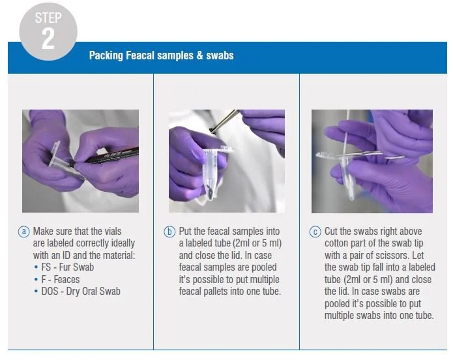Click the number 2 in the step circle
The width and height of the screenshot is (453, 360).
pyautogui.click(x=48, y=38)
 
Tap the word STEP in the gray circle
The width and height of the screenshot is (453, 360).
pyautogui.click(x=48, y=18)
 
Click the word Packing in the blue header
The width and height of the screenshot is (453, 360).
pyautogui.click(x=106, y=55)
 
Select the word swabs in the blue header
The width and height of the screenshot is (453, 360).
pyautogui.click(x=220, y=55)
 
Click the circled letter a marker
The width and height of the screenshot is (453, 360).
pyautogui.click(x=24, y=232)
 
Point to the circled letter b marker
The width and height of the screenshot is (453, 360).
pyautogui.click(x=169, y=232)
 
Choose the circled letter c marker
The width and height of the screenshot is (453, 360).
pyautogui.click(x=315, y=232)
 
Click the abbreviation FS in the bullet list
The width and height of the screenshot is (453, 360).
pyautogui.click(x=46, y=267)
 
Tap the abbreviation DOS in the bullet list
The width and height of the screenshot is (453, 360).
pyautogui.click(x=50, y=291)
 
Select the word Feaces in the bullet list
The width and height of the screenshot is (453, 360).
pyautogui.click(x=66, y=279)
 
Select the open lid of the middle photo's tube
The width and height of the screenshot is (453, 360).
pyautogui.click(x=225, y=149)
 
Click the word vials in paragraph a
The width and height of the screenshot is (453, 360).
pyautogui.click(x=112, y=231)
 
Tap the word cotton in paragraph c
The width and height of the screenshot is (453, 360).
pyautogui.click(x=336, y=243)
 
